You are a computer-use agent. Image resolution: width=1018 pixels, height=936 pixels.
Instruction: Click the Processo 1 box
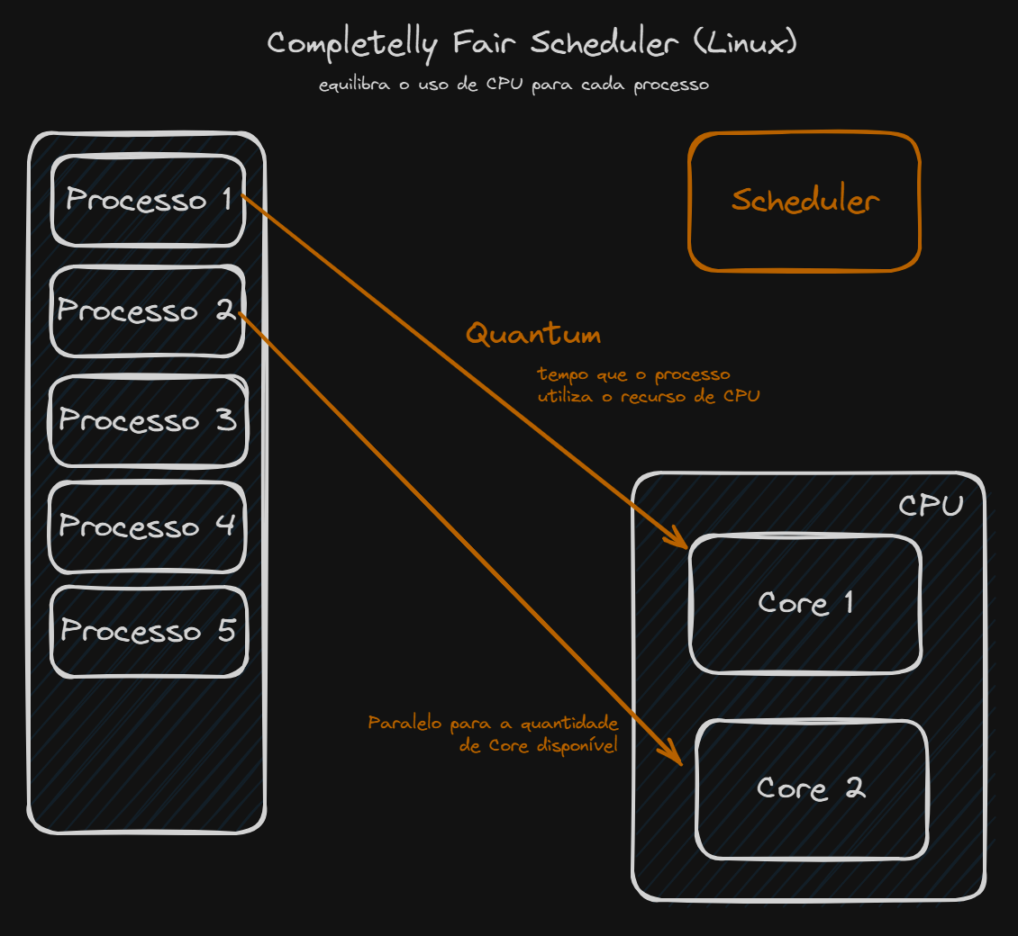148,200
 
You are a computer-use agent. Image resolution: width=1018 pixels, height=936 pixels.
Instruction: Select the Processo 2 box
148,310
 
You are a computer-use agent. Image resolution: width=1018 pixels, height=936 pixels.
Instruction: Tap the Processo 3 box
148,420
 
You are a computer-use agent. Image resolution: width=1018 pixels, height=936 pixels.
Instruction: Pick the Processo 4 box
148,526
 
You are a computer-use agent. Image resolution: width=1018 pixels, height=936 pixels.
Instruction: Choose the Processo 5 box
148,631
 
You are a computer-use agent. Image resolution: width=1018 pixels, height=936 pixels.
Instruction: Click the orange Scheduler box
804,202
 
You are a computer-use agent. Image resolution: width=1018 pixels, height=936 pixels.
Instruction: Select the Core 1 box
805,603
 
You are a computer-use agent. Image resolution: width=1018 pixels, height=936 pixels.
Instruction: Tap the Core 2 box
811,789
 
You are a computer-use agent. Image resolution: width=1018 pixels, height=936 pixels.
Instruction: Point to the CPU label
931,506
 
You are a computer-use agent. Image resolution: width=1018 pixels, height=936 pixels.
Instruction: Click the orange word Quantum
533,335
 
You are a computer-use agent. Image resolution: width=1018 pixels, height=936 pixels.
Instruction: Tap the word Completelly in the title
354,44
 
